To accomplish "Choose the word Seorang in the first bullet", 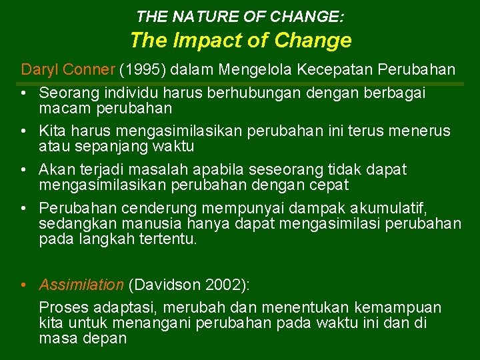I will [x=67, y=93].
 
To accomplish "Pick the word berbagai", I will [x=397, y=93].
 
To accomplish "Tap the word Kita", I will [x=52, y=131].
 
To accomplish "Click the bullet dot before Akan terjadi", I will [x=24, y=170].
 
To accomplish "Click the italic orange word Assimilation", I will [x=81, y=285].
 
